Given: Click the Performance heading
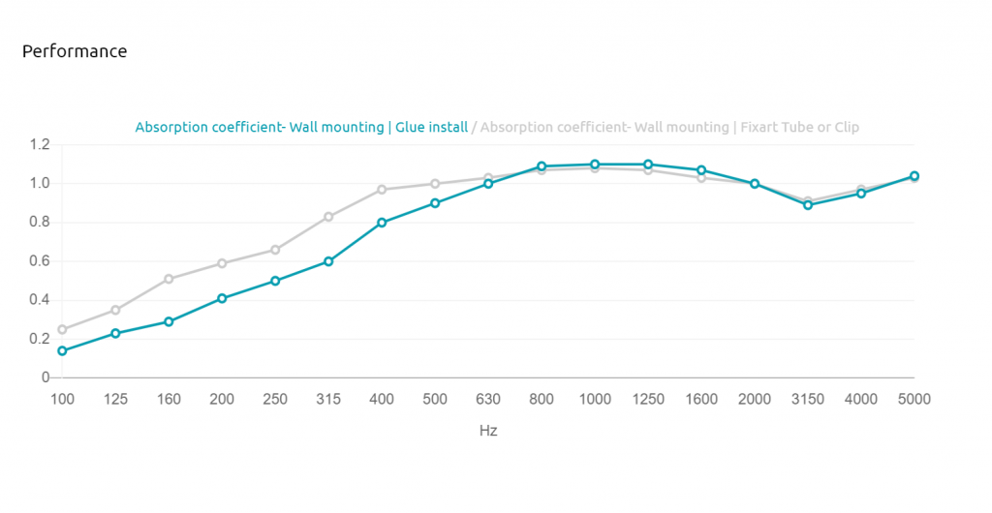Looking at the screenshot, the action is (x=75, y=51).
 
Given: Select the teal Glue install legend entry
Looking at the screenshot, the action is (x=302, y=127).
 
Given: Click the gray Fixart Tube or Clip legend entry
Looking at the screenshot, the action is (x=669, y=127).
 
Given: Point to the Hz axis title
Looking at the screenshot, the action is (x=488, y=431).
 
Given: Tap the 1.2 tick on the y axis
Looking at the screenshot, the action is (x=39, y=144).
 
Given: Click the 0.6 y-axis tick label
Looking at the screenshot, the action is (x=39, y=261).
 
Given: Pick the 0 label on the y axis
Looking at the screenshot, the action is (x=45, y=377).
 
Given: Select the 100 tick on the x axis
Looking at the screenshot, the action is (x=62, y=400).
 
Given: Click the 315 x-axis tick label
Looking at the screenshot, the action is (x=328, y=400).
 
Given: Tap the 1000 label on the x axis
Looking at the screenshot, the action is (x=596, y=400).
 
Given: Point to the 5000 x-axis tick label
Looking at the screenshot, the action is (x=914, y=400).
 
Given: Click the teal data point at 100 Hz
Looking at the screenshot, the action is (x=62, y=350).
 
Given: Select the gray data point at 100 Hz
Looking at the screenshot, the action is (x=62, y=329).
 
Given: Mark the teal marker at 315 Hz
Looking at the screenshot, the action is (x=328, y=261).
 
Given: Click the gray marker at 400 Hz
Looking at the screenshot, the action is (x=382, y=190).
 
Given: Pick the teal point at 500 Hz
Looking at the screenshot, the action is (x=435, y=203).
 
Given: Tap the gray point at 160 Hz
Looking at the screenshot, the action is (x=169, y=279).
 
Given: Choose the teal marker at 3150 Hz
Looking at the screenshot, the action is (x=808, y=205).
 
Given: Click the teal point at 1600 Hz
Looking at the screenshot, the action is (x=701, y=170).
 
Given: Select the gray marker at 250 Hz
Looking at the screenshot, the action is (x=275, y=250).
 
